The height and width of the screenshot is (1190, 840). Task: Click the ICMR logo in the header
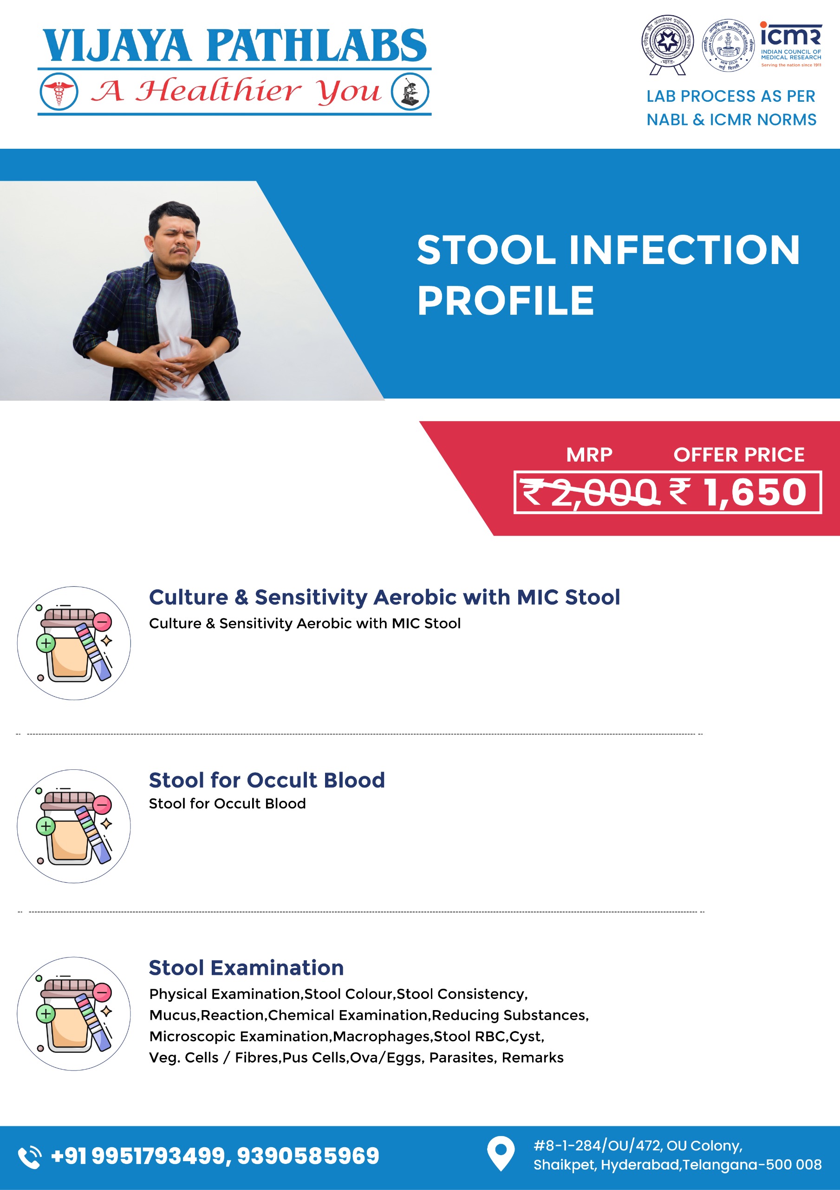(x=790, y=44)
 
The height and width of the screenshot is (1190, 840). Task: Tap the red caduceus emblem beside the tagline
(x=59, y=92)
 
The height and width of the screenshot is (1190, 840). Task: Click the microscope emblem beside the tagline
(x=410, y=92)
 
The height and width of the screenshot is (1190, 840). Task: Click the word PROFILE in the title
(x=506, y=301)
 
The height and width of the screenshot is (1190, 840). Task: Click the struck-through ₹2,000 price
(x=589, y=492)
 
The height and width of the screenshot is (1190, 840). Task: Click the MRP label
(x=589, y=455)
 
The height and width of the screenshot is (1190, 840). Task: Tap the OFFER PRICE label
(x=739, y=455)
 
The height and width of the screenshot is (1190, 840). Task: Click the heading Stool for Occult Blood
(x=267, y=780)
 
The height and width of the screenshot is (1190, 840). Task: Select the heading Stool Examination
(x=247, y=968)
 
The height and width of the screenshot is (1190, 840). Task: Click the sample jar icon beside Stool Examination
(x=74, y=1013)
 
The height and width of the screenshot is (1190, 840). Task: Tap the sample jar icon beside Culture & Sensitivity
(x=74, y=643)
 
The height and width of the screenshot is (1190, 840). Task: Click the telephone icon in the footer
(x=30, y=1157)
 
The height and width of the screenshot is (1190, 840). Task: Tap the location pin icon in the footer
(x=501, y=1154)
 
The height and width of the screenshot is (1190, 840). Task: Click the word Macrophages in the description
(x=381, y=1037)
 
